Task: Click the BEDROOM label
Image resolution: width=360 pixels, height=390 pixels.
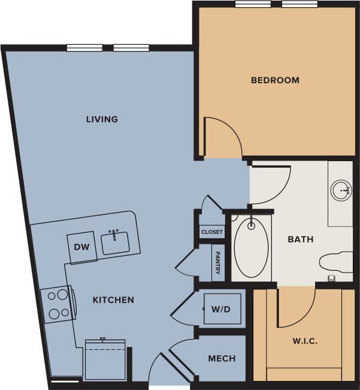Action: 275,80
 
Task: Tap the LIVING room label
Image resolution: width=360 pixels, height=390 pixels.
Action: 102,119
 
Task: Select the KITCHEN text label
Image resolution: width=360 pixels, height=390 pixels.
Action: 113,300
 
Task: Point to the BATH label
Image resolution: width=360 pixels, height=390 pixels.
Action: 301,240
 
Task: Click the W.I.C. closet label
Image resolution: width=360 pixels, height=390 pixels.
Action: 305,341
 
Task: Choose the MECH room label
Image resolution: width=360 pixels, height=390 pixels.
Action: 222,359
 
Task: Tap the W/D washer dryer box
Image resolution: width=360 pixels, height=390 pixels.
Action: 220,309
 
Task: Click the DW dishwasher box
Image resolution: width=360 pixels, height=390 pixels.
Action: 82,247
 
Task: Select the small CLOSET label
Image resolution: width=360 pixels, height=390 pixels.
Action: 212,232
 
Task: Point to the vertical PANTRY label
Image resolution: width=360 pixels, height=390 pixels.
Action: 217,263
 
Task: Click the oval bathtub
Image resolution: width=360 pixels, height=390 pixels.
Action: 251,248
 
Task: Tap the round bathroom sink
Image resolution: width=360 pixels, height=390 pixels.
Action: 341,191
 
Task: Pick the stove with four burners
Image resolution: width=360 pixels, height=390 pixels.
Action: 58,304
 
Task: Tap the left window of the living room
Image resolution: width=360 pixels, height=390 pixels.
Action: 83,48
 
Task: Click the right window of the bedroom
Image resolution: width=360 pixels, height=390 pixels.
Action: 300,4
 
